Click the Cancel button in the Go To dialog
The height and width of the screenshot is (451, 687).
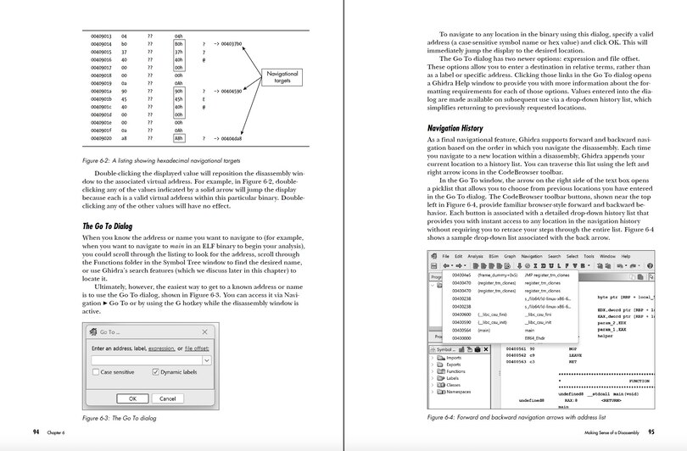[167, 398]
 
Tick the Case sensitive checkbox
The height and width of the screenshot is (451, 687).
[96, 372]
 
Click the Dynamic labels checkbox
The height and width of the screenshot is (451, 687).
[155, 372]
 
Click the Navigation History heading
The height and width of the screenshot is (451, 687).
[461, 127]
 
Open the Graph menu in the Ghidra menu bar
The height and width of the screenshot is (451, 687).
[510, 256]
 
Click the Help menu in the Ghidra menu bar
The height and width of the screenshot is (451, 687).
[626, 256]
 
